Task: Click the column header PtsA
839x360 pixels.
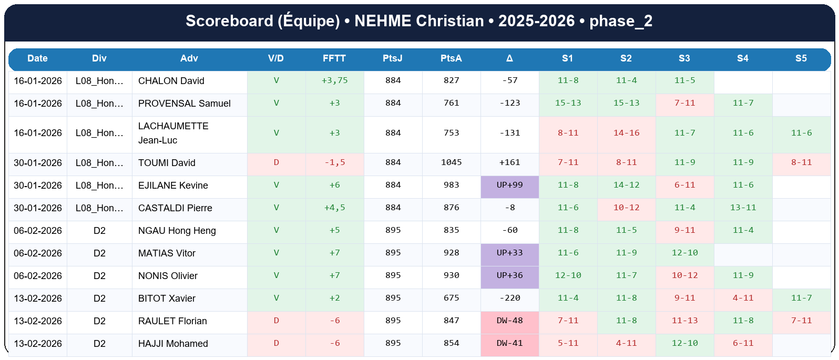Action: (451, 58)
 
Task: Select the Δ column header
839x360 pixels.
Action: (509, 58)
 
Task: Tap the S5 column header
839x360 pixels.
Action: (801, 58)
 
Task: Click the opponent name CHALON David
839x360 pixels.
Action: (171, 81)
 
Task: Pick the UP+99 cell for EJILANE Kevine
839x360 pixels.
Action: (509, 185)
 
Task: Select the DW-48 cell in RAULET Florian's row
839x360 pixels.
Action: (509, 321)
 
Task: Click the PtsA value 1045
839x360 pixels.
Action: (451, 162)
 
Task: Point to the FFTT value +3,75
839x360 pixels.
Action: (334, 80)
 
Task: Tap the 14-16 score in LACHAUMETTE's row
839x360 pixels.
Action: (626, 133)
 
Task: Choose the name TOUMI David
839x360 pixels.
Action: (167, 163)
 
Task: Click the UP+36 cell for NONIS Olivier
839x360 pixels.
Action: (509, 275)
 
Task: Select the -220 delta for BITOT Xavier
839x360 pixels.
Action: (509, 298)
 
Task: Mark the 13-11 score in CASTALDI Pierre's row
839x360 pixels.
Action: (743, 208)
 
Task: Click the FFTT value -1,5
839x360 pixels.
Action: (334, 162)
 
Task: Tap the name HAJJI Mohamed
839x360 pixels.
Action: (173, 344)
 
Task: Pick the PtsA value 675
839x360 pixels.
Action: (451, 298)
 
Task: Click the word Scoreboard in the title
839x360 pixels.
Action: (229, 21)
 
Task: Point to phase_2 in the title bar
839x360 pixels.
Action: (620, 21)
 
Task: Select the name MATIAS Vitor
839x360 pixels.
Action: (167, 253)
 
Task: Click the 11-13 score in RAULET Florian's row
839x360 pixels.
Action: (684, 321)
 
